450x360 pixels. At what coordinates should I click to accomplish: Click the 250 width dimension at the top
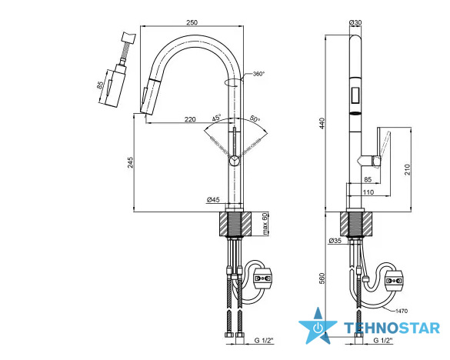[192, 22]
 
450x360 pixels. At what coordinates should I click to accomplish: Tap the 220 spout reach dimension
[190, 119]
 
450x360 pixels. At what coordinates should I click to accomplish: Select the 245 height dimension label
[130, 162]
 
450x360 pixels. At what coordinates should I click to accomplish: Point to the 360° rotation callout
[258, 74]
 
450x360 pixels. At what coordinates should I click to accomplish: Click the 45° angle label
[217, 118]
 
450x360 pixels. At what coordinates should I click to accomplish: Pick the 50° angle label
[255, 118]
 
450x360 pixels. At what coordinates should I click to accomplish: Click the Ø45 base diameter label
[213, 199]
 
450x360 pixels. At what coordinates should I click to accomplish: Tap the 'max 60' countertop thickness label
[265, 224]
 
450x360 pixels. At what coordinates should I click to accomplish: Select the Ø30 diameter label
[355, 22]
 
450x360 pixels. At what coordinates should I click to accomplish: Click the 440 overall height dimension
[322, 123]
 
